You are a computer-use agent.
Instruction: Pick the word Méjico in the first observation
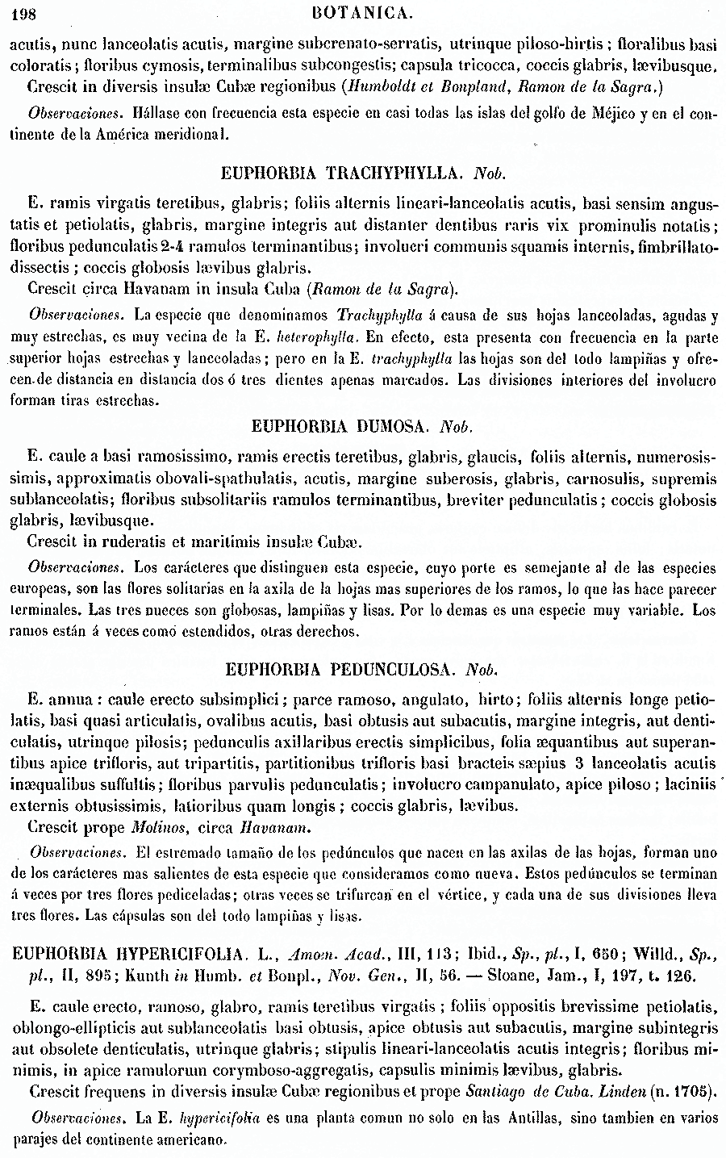615,114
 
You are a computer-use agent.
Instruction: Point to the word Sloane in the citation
507,976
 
